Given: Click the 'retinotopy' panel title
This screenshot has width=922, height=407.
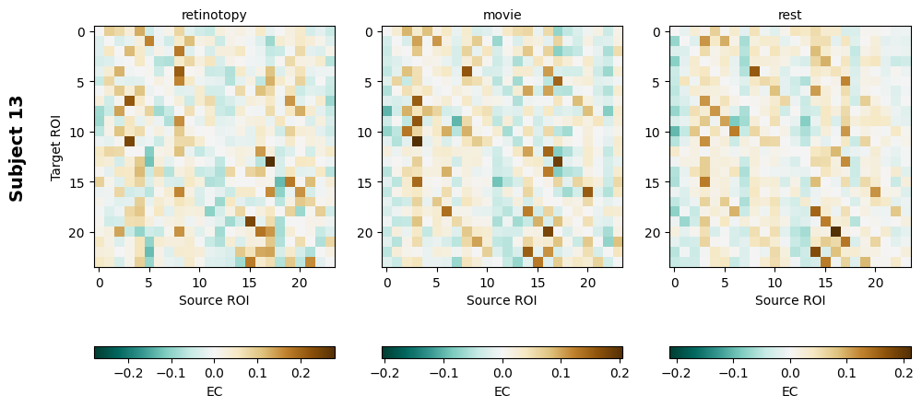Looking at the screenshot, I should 214,15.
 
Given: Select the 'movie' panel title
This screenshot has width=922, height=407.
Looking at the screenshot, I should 502,15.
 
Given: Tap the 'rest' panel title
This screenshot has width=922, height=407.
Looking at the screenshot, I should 790,15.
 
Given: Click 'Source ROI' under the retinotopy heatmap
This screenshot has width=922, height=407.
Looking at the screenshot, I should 214,300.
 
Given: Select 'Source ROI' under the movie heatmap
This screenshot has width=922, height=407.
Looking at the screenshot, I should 502,300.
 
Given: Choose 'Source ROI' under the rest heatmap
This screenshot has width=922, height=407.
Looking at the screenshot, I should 790,300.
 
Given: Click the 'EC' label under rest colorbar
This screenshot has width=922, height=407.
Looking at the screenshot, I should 790,391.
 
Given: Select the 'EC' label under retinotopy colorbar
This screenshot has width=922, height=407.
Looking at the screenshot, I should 214,391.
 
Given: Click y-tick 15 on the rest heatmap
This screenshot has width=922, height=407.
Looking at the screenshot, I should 656,182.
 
